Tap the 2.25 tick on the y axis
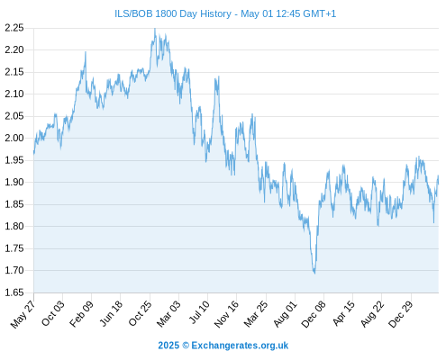[14, 28]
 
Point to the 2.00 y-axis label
[14, 138]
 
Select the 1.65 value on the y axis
[14, 292]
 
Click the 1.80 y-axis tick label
[14, 226]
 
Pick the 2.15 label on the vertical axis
[14, 72]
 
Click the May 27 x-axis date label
[23, 314]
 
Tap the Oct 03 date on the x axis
[53, 313]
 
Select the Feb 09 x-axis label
[81, 314]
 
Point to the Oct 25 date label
[140, 313]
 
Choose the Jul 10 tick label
[199, 312]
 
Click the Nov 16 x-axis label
[226, 314]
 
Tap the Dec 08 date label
[314, 314]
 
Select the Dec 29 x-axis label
[401, 314]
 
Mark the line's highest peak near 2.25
[155, 29]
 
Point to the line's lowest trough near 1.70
[314, 273]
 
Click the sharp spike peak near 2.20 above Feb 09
[86, 52]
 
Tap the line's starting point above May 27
[34, 153]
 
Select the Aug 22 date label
[372, 314]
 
